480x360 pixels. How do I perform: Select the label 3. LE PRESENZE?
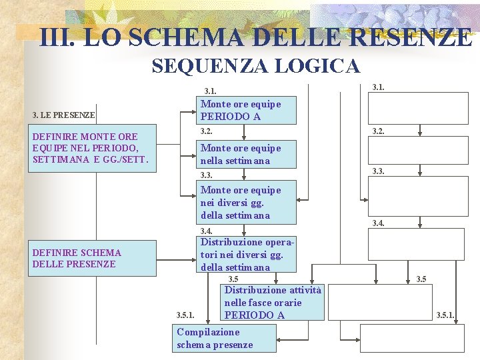click(64, 115)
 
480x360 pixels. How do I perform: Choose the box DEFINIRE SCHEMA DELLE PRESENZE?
click(93, 258)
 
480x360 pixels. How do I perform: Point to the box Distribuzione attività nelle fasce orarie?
click(272, 302)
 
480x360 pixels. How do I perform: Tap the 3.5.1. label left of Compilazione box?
click(185, 315)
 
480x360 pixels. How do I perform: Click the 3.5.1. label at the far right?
click(445, 315)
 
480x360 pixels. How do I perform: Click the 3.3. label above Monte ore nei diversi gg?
click(207, 175)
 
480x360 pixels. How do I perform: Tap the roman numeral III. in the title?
click(56, 37)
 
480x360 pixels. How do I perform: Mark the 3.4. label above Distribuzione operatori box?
click(207, 231)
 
